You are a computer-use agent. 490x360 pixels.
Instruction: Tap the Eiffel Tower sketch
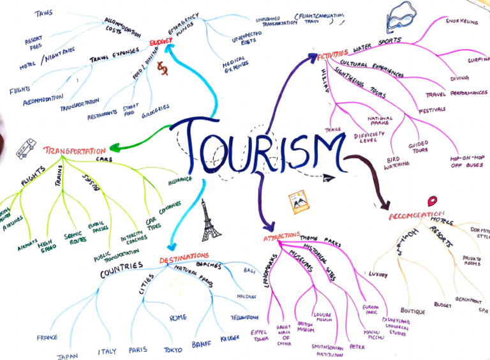(210, 220)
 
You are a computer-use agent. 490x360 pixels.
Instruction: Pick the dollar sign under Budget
(163, 69)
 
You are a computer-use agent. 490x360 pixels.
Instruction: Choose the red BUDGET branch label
(161, 41)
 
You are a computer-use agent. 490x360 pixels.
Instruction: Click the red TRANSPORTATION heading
(75, 151)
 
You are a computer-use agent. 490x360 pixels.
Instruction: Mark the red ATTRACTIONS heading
(281, 239)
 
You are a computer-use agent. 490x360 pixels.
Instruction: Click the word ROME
(178, 317)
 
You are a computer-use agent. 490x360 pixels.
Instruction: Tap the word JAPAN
(67, 356)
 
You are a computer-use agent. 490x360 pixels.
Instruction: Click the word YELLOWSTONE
(244, 317)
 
